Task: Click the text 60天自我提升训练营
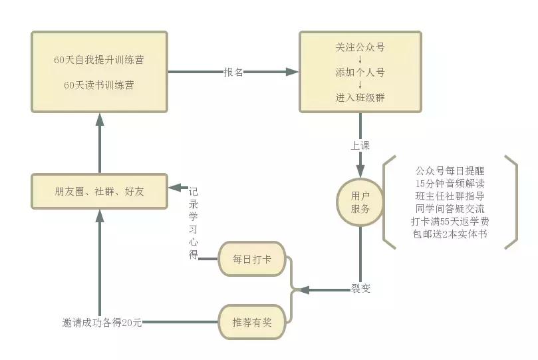pyautogui.click(x=99, y=60)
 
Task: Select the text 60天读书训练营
pyautogui.click(x=99, y=85)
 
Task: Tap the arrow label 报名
pyautogui.click(x=233, y=72)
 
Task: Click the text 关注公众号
pyautogui.click(x=360, y=47)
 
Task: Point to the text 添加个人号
pyautogui.click(x=360, y=73)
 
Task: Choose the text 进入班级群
pyautogui.click(x=360, y=98)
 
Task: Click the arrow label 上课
pyautogui.click(x=360, y=145)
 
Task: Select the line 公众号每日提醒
pyautogui.click(x=450, y=170)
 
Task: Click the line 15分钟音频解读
pyautogui.click(x=450, y=183)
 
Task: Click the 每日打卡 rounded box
pyautogui.click(x=252, y=258)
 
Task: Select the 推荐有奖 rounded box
pyautogui.click(x=252, y=322)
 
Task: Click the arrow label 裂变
pyautogui.click(x=360, y=288)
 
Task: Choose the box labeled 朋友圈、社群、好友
pyautogui.click(x=99, y=192)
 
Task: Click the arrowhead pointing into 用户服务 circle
pyautogui.click(x=360, y=171)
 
